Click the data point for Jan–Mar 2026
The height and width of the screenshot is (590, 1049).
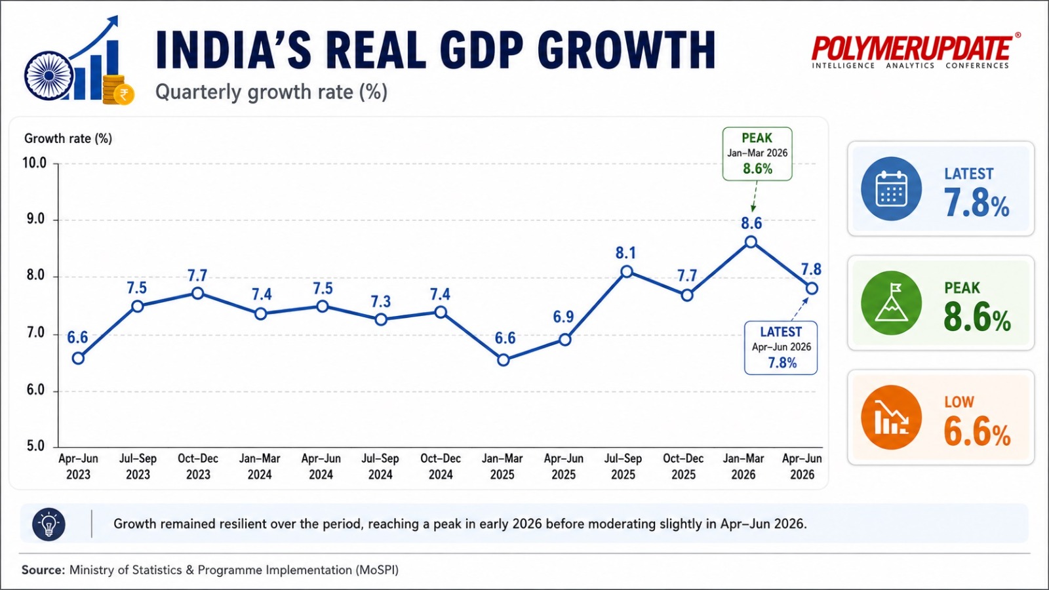coord(751,242)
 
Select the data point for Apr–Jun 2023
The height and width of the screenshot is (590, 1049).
coord(78,358)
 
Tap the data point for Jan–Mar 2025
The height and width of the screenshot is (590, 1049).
coord(504,360)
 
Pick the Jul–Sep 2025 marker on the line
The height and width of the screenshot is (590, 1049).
coord(627,271)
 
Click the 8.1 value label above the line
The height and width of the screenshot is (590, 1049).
coord(625,253)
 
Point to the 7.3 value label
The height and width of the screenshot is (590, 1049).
coord(381,302)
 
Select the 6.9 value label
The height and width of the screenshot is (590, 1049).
coord(563,317)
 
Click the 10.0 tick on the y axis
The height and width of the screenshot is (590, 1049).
coord(35,163)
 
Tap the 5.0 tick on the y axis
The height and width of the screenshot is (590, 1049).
coord(35,446)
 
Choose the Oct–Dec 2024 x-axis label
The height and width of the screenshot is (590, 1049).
coord(441,466)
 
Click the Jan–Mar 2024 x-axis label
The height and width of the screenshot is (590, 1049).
coord(260,466)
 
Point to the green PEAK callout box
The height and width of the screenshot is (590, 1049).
coord(757,153)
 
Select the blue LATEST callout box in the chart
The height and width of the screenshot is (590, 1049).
coord(781,347)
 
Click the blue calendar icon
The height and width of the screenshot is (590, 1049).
coord(891,189)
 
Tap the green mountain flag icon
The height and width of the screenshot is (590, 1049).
coord(891,303)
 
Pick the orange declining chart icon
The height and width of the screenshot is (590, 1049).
coord(891,417)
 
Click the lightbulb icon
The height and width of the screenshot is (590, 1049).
coord(49,524)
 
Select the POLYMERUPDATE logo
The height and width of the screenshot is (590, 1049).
coord(915,52)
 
